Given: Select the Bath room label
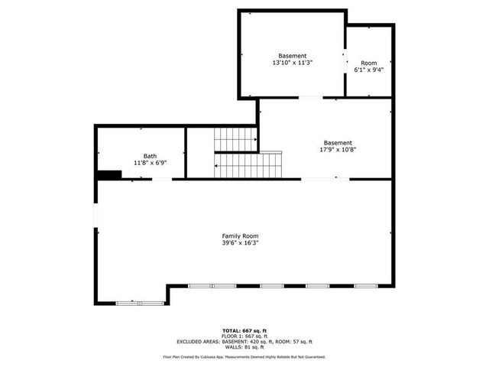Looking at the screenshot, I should click(150, 155).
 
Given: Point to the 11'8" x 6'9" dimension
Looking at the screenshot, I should click(150, 163).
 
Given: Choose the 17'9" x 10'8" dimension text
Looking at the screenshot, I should click(338, 150).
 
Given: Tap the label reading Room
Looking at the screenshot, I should click(368, 63).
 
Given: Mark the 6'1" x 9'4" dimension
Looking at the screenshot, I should click(368, 70).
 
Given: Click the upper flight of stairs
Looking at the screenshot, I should click(235, 140).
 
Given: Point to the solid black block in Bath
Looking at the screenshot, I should click(108, 174).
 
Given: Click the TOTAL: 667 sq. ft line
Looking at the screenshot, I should click(244, 330).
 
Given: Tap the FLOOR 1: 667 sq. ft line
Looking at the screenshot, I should click(244, 336).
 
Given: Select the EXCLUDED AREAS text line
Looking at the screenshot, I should click(244, 342).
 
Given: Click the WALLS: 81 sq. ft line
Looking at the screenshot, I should click(244, 348).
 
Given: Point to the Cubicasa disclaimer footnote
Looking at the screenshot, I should click(244, 357).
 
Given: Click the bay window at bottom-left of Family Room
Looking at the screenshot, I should click(141, 304).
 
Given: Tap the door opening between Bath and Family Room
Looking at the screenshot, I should click(162, 180).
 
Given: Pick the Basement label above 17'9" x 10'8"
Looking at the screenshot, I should click(338, 142).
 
